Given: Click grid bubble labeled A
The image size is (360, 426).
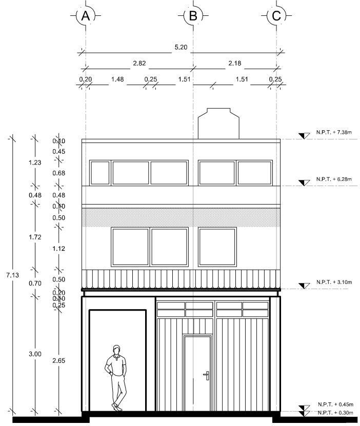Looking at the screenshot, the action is [85, 16].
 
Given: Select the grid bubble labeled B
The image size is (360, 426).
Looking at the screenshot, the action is [193, 16].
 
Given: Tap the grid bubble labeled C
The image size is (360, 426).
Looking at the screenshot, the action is [276, 16].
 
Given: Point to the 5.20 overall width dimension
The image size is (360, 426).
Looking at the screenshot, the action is [181, 47].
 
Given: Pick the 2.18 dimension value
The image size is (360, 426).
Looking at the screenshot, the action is [235, 63].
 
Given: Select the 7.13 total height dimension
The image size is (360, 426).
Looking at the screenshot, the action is [13, 276].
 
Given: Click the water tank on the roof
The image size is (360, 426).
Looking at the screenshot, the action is [219, 123].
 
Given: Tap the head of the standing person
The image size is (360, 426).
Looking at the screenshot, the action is [117, 350].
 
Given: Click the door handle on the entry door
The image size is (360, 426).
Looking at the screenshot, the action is [206, 376].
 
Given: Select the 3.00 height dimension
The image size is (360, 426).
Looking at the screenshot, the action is [35, 354].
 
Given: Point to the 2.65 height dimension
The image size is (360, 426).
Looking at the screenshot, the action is [58, 361].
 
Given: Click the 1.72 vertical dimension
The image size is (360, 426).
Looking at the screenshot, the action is [35, 237].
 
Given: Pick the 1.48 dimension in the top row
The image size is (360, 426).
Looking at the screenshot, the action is [118, 79].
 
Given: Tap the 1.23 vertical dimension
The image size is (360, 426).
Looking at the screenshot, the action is [35, 161].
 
